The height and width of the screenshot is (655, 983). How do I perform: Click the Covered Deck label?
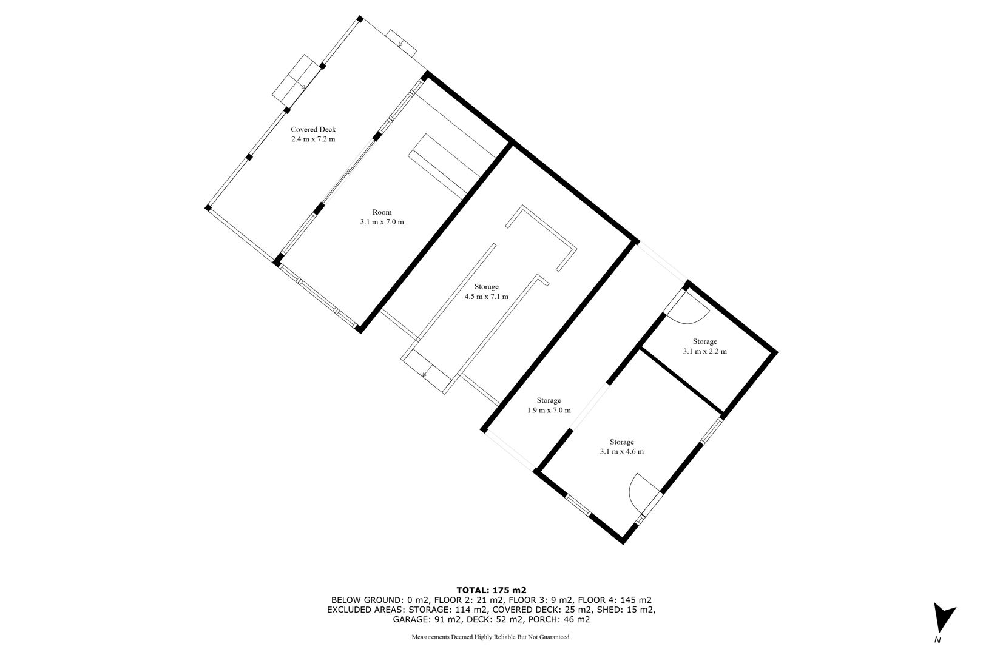[x=313, y=134]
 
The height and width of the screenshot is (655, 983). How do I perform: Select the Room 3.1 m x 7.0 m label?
[x=382, y=217]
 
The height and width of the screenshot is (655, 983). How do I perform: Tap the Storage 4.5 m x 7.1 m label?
[x=486, y=292]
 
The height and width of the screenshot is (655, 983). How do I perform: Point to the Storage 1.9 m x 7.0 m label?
[x=549, y=405]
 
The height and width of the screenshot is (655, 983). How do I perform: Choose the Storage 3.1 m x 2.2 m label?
[x=704, y=346]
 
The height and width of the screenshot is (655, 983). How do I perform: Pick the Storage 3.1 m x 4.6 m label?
[x=622, y=446]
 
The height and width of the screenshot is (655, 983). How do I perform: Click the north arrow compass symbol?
[x=944, y=618]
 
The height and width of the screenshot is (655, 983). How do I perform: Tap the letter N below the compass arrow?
[x=937, y=640]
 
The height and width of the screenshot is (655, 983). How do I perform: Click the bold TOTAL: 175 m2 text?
[x=491, y=590]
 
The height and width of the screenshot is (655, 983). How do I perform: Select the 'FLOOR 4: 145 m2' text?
[x=614, y=600]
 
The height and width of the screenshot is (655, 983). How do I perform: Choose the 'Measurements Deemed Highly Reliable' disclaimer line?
[x=491, y=637]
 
